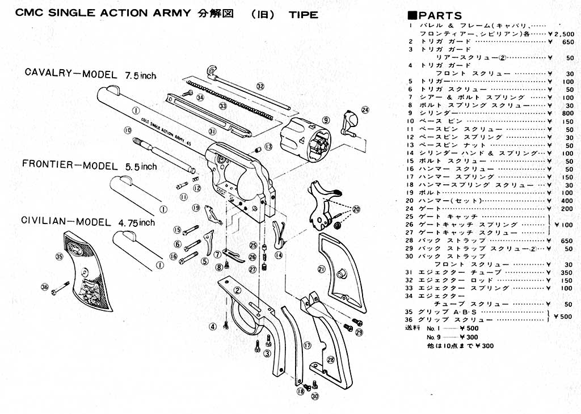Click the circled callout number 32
260,86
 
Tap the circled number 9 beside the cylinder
326,120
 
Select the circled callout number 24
365,109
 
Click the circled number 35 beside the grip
58,256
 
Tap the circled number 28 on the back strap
330,360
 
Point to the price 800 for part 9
567,113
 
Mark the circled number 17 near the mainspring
308,345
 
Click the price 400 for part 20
567,201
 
